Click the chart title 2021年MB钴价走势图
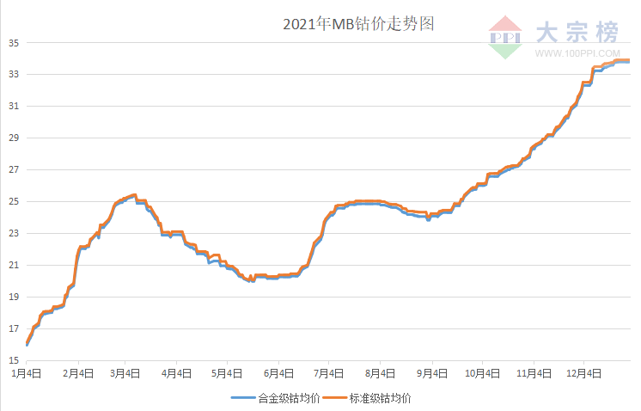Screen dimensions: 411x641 click(x=358, y=24)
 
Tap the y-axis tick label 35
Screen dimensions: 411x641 click(x=15, y=42)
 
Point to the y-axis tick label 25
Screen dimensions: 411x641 click(x=15, y=201)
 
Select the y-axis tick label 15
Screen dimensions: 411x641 click(x=15, y=360)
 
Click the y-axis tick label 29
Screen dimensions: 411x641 click(x=15, y=138)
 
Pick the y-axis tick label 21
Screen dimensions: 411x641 click(x=15, y=265)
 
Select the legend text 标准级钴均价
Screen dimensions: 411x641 click(x=380, y=399)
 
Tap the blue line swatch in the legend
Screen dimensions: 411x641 click(x=242, y=399)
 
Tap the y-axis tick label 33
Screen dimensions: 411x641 click(x=15, y=74)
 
